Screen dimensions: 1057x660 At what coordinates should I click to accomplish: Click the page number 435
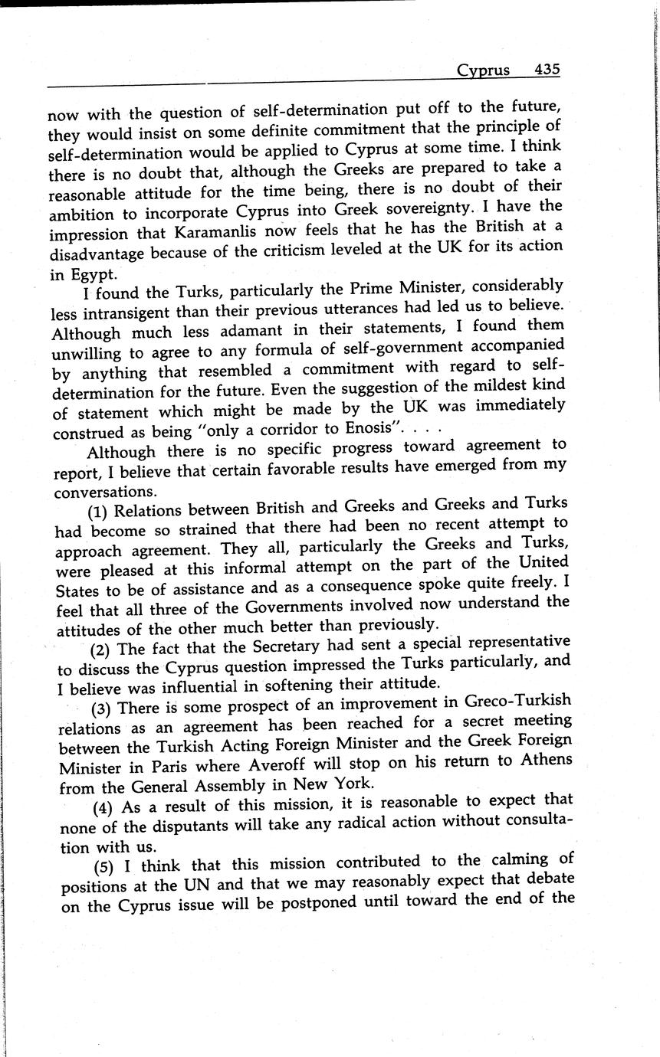[x=547, y=70]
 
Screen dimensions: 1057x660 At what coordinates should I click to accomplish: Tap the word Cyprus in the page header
[x=483, y=70]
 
